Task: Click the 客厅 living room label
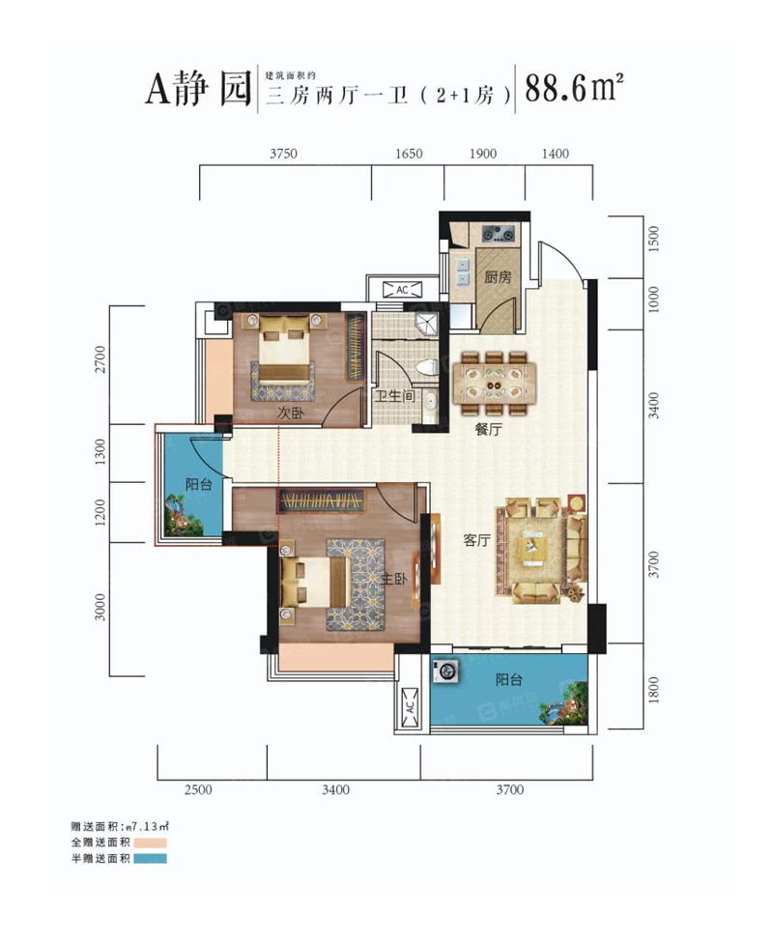[x=475, y=541]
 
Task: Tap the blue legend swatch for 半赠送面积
[x=151, y=858]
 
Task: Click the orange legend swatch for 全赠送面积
[x=151, y=843]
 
